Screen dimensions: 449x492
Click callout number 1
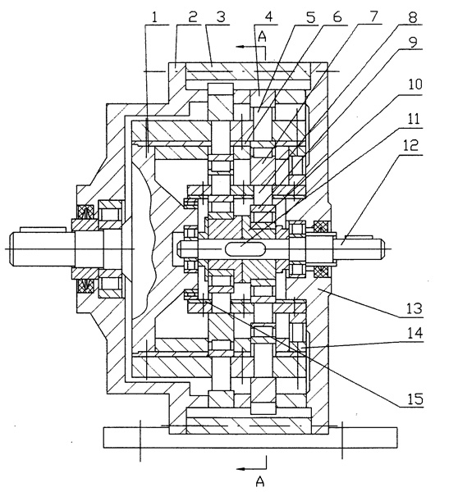(154, 17)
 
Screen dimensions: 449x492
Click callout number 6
(337, 17)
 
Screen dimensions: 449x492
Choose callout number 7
(373, 16)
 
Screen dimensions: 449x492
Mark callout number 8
(412, 17)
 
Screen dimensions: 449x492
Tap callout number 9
(412, 42)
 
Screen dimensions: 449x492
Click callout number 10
(415, 84)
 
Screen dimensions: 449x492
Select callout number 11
(414, 119)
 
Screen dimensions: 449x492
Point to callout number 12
(414, 145)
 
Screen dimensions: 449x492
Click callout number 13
(415, 309)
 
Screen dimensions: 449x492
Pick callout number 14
(415, 333)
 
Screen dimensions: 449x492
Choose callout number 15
(415, 399)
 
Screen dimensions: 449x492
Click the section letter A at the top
(262, 36)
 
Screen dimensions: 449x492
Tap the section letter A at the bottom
(260, 481)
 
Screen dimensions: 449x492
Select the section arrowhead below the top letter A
(241, 47)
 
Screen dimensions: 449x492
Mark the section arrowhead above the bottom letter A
(241, 469)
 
